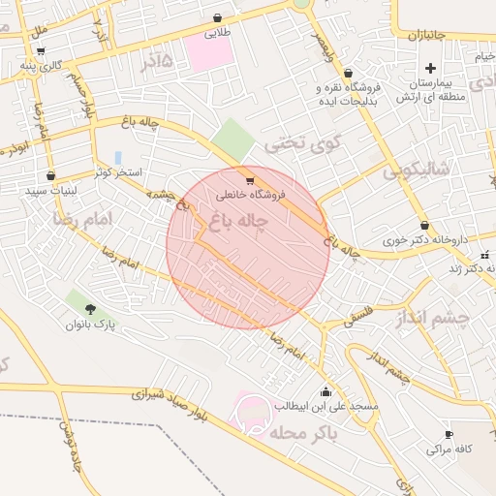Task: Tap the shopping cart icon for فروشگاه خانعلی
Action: click(x=251, y=180)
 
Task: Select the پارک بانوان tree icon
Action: click(x=91, y=309)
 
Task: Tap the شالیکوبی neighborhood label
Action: click(x=417, y=171)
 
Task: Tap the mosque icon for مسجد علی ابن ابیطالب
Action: click(x=325, y=392)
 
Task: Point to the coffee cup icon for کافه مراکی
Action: click(x=449, y=434)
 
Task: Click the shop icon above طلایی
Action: click(x=217, y=17)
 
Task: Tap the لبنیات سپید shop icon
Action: click(x=50, y=176)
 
